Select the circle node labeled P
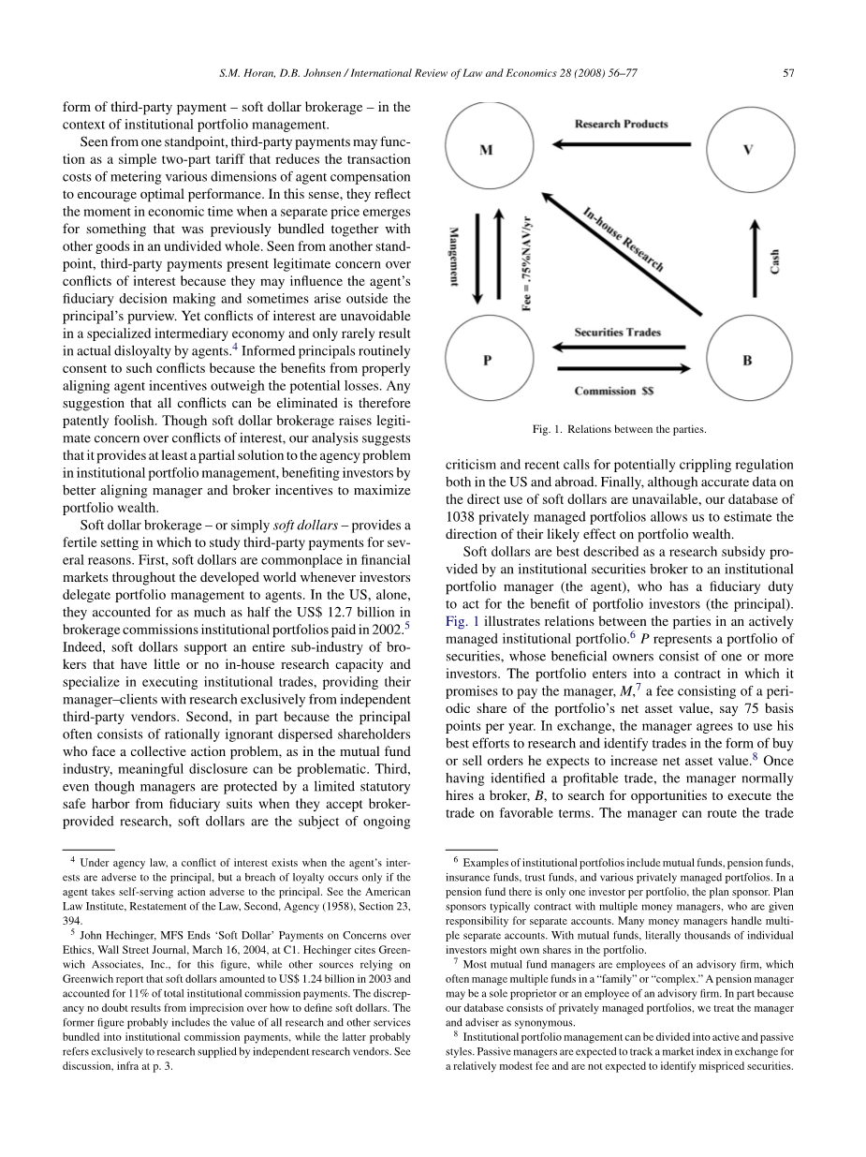[x=487, y=361]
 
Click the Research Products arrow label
[x=621, y=124]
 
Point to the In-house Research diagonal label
[x=623, y=240]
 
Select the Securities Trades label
[x=618, y=333]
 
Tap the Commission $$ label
[x=613, y=391]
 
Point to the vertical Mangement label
[x=454, y=255]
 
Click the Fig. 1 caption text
[x=619, y=430]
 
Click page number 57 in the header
[x=788, y=73]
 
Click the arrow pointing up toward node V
[x=748, y=253]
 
